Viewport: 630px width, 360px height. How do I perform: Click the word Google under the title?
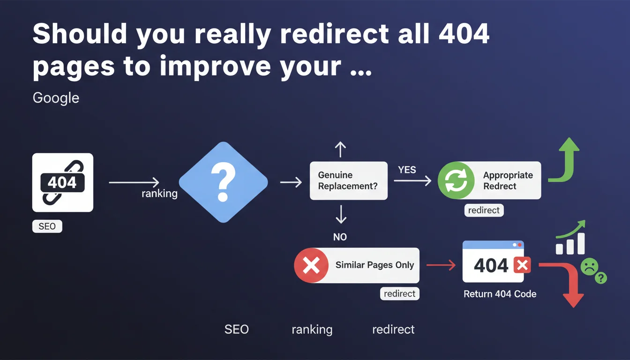(56, 98)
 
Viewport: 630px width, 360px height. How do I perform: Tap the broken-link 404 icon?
(63, 182)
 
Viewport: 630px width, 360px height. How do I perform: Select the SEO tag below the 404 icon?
(47, 226)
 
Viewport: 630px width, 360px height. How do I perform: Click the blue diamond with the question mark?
(223, 182)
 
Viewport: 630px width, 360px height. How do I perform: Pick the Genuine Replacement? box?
(348, 180)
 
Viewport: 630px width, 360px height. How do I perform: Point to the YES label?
(407, 170)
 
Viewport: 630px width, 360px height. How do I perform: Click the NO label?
(340, 237)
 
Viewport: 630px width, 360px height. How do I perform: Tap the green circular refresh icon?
(456, 180)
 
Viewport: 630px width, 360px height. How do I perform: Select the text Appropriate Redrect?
(508, 180)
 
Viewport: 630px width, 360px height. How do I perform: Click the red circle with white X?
(311, 265)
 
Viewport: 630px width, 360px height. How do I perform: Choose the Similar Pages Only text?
(375, 265)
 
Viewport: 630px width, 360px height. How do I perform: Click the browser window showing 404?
(493, 262)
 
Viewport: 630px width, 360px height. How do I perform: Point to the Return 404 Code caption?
(500, 294)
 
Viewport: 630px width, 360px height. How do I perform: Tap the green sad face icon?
(590, 267)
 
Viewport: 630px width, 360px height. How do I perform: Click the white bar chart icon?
(570, 244)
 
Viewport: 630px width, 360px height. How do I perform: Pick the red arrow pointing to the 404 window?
(441, 265)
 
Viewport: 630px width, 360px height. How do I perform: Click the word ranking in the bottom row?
(312, 330)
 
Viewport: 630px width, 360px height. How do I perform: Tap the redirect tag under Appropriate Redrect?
(484, 210)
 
